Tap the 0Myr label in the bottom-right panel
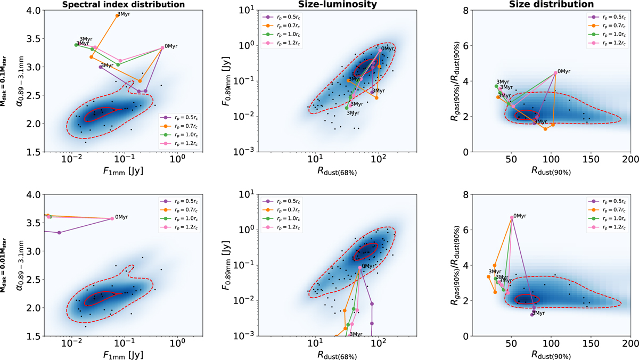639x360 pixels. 518,216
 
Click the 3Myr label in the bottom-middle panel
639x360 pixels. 356,334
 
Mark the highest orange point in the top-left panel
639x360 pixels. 117,15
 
